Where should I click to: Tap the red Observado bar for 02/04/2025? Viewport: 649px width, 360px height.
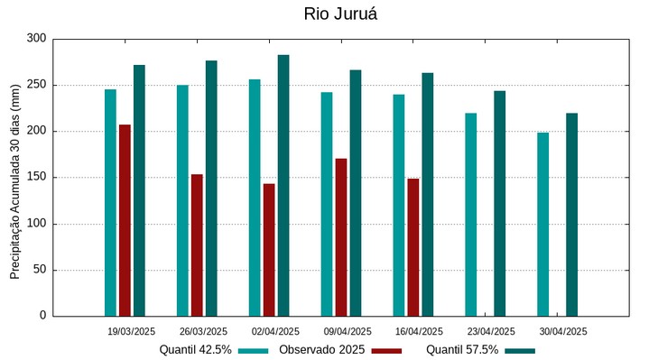tap(269, 250)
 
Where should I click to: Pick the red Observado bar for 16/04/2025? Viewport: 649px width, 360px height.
tap(413, 247)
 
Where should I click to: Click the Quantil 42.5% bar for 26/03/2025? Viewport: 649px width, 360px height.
tap(182, 200)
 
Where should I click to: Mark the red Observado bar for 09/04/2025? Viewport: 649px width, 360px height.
tap(341, 237)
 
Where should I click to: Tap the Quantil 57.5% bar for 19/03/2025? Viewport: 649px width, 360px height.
tap(139, 190)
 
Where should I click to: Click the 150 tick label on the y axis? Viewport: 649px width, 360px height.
tap(36, 178)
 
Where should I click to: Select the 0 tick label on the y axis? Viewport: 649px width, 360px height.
tap(42, 316)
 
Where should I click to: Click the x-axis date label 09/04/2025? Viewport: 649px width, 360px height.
tap(348, 331)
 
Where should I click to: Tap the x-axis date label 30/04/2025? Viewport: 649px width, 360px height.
tap(563, 331)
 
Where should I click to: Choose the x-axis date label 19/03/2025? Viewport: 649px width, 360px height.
tap(131, 331)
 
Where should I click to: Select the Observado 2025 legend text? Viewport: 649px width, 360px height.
tap(321, 350)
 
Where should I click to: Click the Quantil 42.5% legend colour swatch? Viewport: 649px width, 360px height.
tap(255, 350)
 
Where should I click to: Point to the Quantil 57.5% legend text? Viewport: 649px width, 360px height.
tap(462, 350)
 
